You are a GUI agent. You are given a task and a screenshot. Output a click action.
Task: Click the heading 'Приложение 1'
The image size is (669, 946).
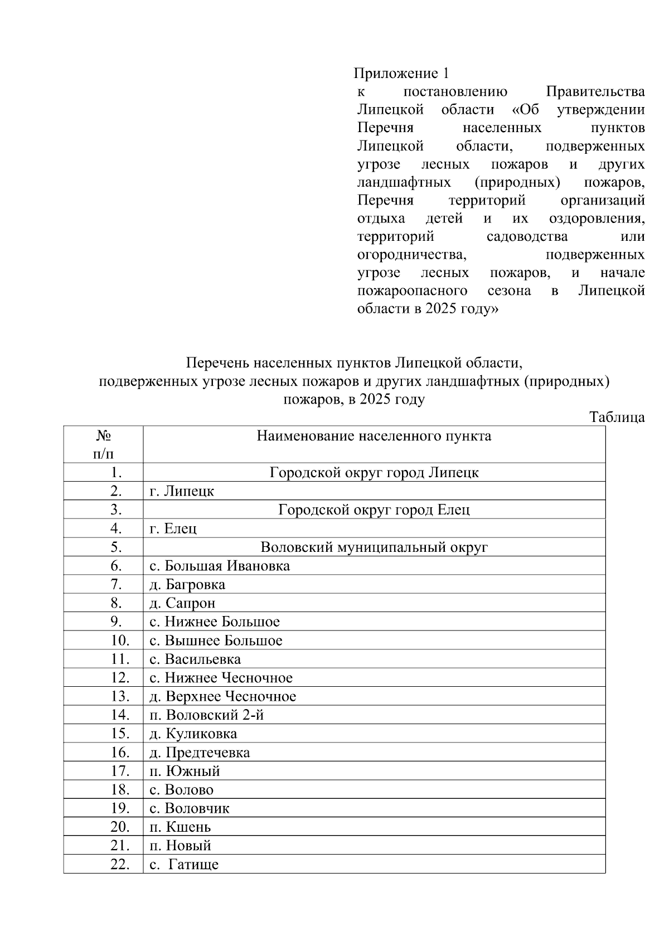(x=401, y=74)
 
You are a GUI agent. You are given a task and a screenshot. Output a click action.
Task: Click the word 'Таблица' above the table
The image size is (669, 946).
(x=617, y=417)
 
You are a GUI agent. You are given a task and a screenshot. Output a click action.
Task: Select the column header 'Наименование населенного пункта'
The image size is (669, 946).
(x=374, y=436)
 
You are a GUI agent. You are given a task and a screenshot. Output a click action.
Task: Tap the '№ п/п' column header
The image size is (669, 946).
(x=103, y=444)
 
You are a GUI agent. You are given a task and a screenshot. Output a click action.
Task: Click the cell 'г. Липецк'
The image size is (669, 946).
(x=182, y=491)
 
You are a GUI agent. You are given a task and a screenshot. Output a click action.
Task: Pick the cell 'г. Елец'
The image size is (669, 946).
(x=173, y=528)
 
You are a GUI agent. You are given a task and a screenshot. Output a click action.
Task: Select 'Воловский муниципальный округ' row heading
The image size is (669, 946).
(x=374, y=547)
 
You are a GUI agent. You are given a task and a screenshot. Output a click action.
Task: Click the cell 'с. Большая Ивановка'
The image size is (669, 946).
(x=220, y=566)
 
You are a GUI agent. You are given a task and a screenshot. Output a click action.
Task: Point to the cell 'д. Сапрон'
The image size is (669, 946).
(x=182, y=603)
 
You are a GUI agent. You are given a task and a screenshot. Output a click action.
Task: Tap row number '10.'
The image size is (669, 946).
(x=120, y=641)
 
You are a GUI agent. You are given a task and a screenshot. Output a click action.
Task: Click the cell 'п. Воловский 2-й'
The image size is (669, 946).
(x=206, y=715)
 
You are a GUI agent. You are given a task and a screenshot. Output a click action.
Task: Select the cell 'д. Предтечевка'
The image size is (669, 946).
(x=200, y=753)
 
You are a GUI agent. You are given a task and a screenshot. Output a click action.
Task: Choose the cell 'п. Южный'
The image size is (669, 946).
(x=185, y=771)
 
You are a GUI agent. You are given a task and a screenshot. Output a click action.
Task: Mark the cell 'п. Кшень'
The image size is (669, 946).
(x=180, y=827)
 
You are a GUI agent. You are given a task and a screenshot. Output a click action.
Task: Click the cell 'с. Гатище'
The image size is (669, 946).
(x=184, y=865)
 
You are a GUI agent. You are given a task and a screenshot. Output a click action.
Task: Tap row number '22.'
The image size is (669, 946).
(x=120, y=865)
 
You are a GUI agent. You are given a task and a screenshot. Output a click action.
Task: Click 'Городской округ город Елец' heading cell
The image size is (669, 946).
(x=374, y=510)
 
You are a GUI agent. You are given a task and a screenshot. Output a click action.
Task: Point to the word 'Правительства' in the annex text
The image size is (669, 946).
(x=595, y=92)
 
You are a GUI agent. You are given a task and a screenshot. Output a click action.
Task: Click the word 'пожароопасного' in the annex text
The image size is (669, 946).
(x=412, y=290)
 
